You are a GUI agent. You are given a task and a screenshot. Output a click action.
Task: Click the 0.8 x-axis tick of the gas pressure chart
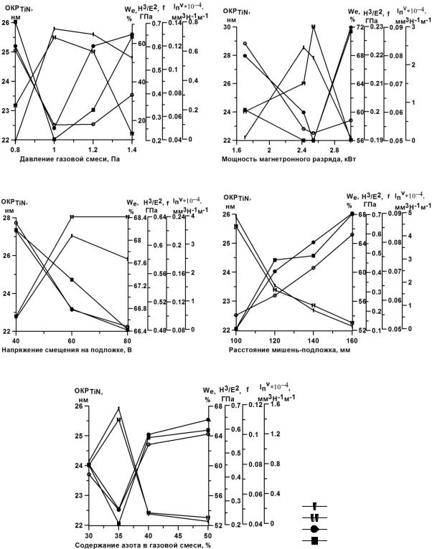[15, 148]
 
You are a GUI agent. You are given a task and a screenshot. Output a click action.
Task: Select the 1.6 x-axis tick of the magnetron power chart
[238, 148]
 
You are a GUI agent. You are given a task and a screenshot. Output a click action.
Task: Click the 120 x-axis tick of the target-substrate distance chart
[275, 339]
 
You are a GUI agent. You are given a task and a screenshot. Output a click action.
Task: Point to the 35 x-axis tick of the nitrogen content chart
[118, 535]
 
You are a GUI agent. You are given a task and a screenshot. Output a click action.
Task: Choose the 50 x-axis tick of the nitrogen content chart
[207, 535]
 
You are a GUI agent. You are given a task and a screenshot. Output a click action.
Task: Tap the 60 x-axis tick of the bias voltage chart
[72, 339]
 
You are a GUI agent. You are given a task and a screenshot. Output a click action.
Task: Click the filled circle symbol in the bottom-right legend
[314, 528]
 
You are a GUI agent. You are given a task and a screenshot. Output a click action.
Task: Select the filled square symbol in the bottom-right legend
[314, 540]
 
